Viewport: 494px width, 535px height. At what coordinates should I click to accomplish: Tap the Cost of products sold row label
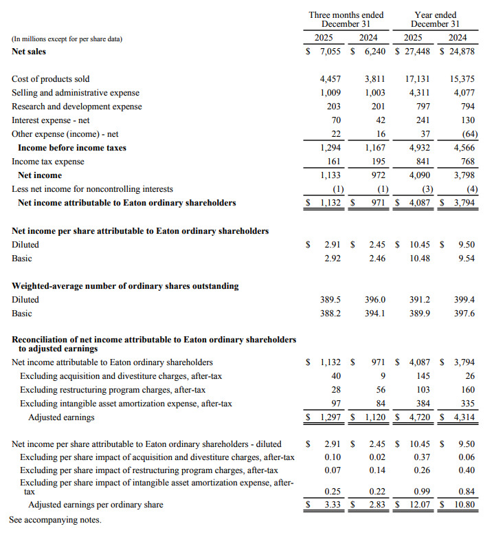click(51, 79)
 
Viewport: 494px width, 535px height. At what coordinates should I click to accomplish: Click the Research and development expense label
click(77, 107)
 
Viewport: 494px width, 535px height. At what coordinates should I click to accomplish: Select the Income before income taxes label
click(72, 148)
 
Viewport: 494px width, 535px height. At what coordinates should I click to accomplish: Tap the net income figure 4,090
click(418, 175)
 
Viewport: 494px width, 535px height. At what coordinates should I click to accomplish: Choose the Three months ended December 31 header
click(346, 19)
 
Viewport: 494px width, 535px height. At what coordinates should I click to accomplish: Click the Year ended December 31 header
click(436, 19)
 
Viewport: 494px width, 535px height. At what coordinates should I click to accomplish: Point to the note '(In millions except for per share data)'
click(67, 39)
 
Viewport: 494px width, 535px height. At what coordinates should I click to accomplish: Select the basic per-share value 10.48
click(419, 259)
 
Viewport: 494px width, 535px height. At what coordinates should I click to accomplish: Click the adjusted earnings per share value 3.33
click(333, 505)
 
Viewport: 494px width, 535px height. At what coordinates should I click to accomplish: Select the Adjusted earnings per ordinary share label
click(96, 505)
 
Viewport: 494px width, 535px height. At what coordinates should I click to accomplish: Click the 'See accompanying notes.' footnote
click(55, 520)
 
